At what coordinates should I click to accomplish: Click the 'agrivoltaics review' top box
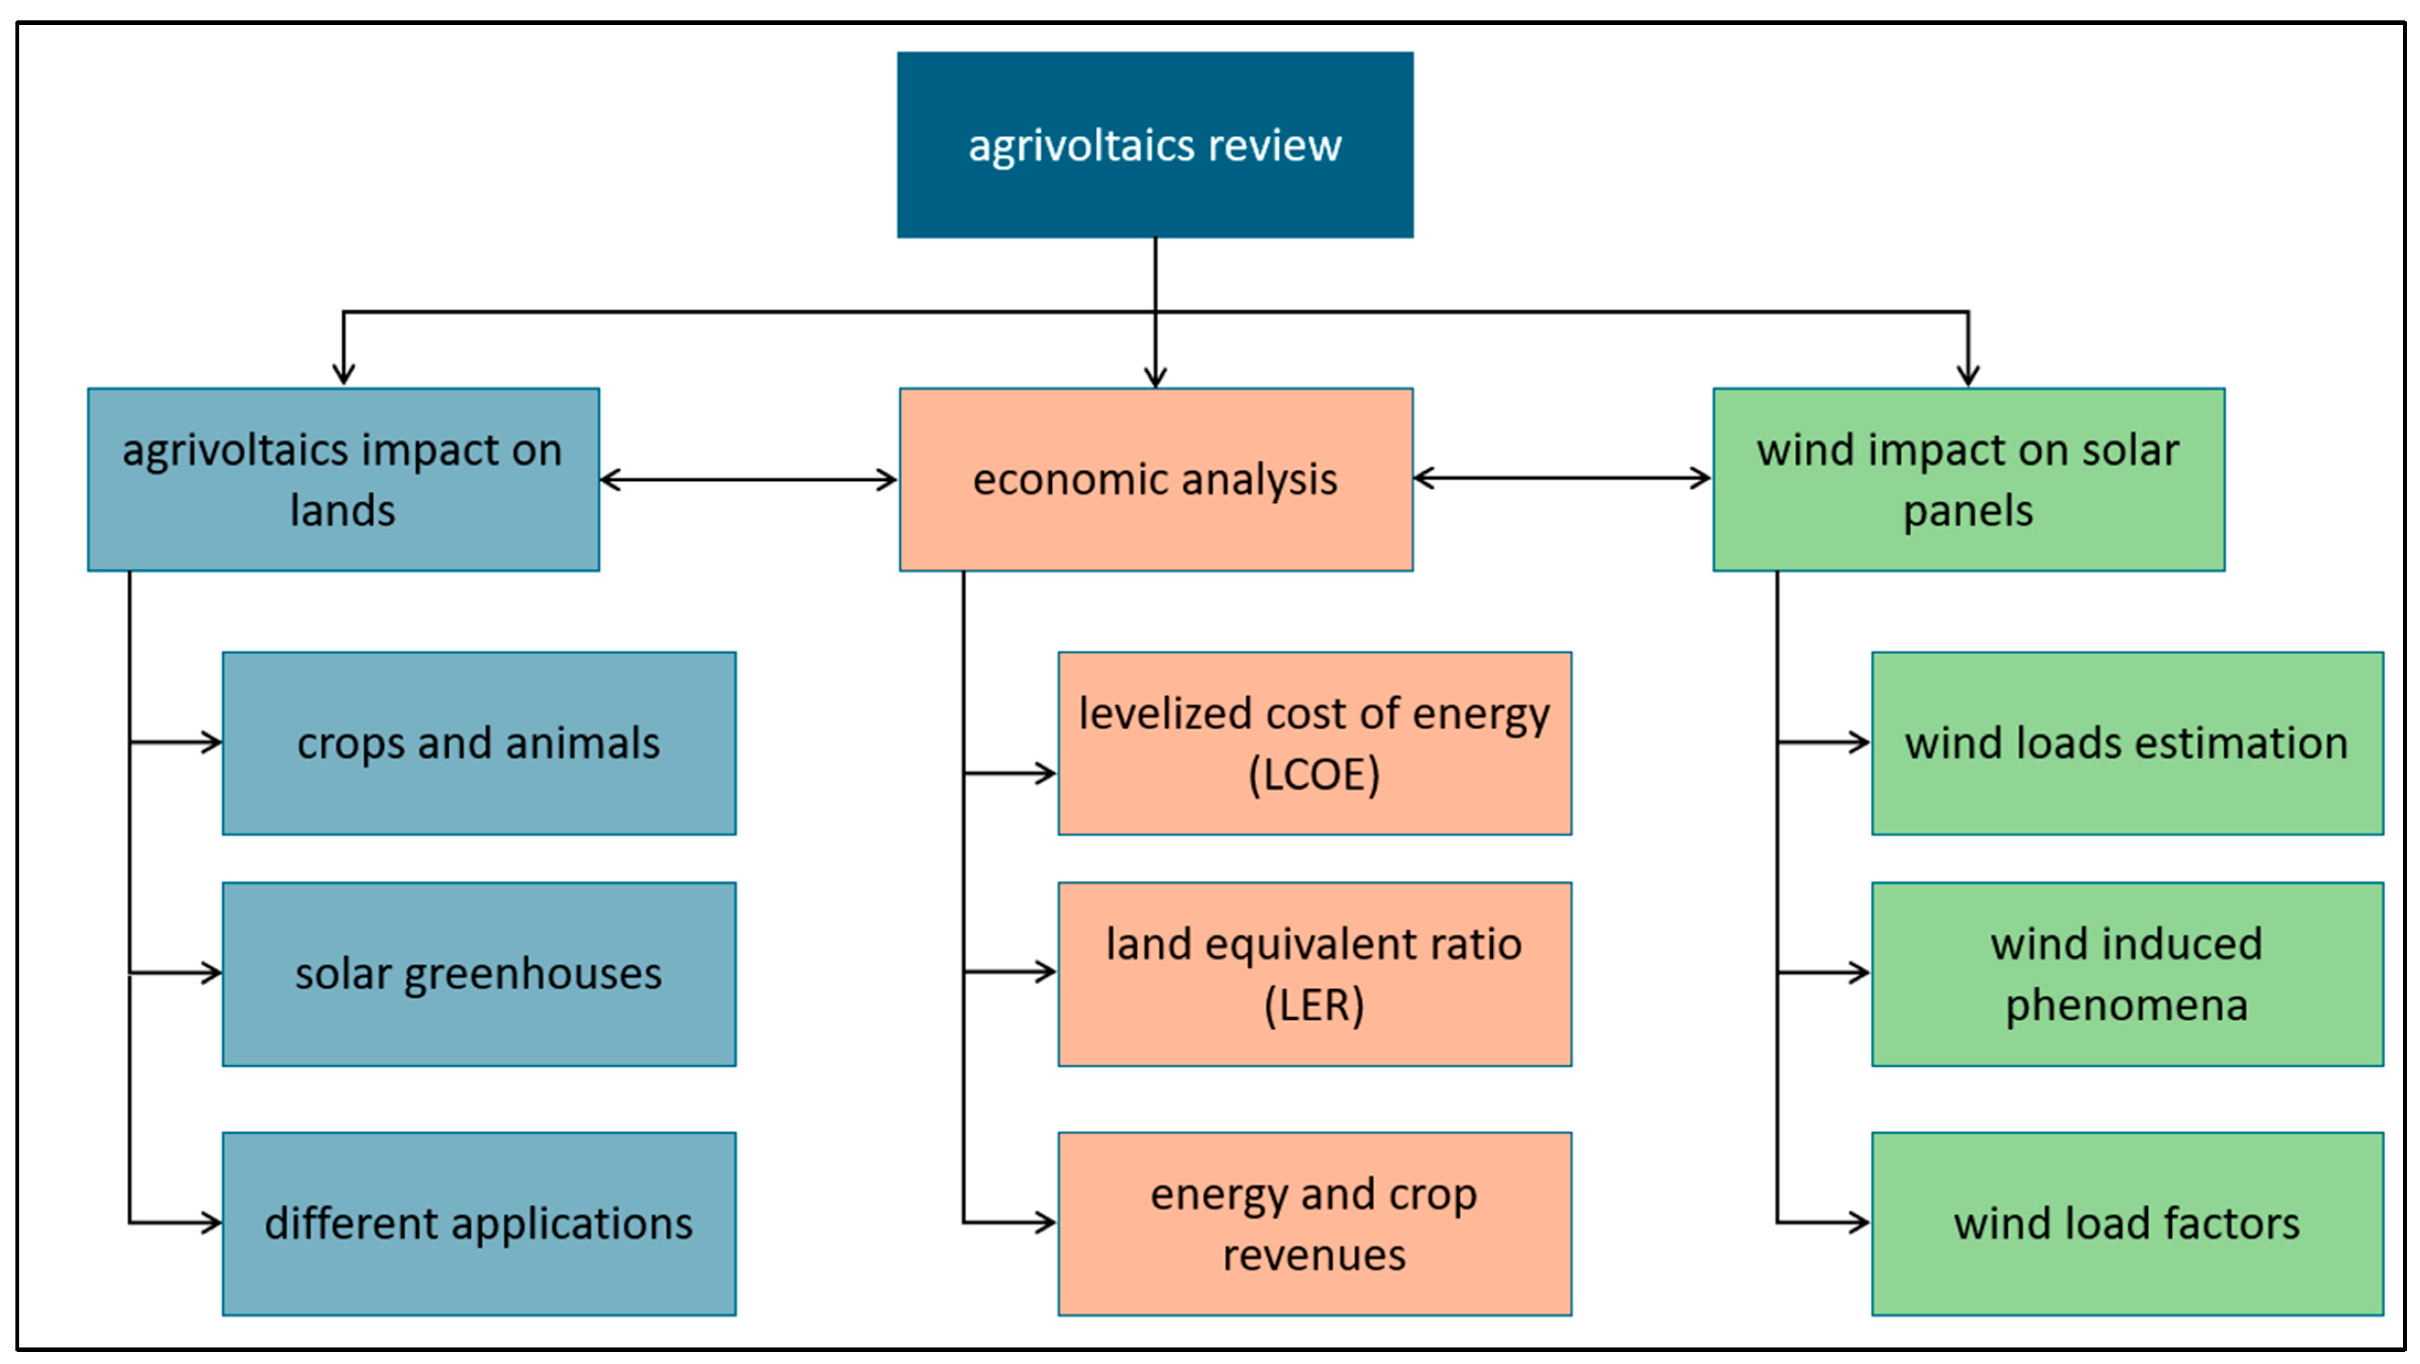pos(1154,144)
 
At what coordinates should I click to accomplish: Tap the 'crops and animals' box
pos(478,743)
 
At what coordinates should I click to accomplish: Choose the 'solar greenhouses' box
pos(478,973)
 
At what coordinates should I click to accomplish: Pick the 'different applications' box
pos(478,1223)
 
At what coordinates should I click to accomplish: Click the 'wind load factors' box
pos(2127,1223)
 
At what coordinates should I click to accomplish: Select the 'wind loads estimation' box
pos(2127,743)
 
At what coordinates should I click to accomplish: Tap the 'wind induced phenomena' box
pos(2127,973)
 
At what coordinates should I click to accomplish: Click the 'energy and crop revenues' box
pos(1314,1223)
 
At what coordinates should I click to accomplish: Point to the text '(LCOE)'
pos(1314,775)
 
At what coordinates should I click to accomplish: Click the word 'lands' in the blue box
pos(343,511)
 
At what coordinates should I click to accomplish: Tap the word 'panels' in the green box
pos(1968,511)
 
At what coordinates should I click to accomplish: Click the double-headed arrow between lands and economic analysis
pos(749,480)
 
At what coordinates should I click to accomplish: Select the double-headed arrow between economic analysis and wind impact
pos(1562,478)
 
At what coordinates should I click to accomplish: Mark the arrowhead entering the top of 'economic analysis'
pos(1155,377)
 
